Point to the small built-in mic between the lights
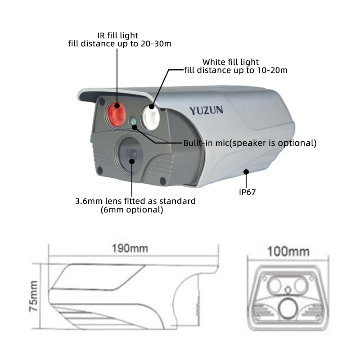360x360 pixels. pyautogui.click(x=134, y=121)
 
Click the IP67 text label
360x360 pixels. pyautogui.click(x=247, y=192)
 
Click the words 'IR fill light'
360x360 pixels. pyautogui.click(x=118, y=35)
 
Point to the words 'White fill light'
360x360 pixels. pyautogui.click(x=231, y=62)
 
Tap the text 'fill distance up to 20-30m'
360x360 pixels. pyautogui.click(x=120, y=44)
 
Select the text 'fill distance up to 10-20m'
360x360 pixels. pyautogui.click(x=236, y=70)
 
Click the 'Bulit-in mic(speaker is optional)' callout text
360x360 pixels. pyautogui.click(x=250, y=143)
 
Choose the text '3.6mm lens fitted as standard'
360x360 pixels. pyautogui.click(x=135, y=201)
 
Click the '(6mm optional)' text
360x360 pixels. pyautogui.click(x=132, y=210)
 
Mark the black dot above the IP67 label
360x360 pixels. pyautogui.click(x=246, y=171)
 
